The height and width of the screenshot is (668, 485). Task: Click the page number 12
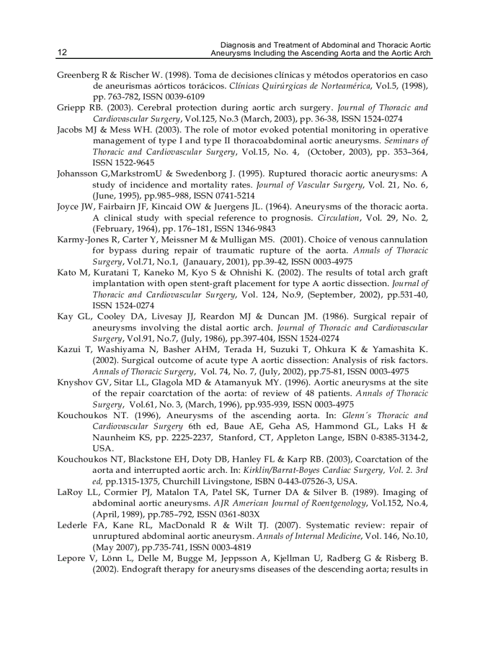click(62, 53)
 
